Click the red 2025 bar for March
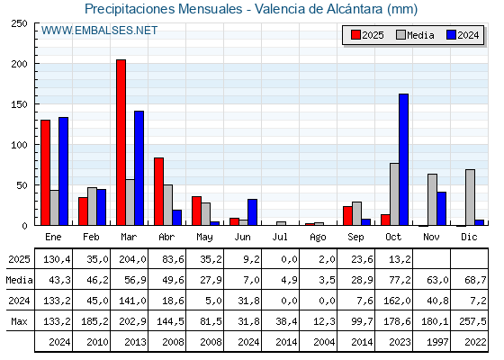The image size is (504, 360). (x=121, y=142)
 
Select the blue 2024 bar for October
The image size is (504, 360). (x=403, y=159)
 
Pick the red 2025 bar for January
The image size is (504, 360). (x=45, y=172)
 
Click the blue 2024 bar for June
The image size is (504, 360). (x=252, y=212)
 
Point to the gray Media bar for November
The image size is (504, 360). (x=432, y=200)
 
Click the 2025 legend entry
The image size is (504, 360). (x=368, y=35)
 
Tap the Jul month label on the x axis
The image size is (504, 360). (x=281, y=236)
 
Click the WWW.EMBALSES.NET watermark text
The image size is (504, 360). (x=99, y=31)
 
